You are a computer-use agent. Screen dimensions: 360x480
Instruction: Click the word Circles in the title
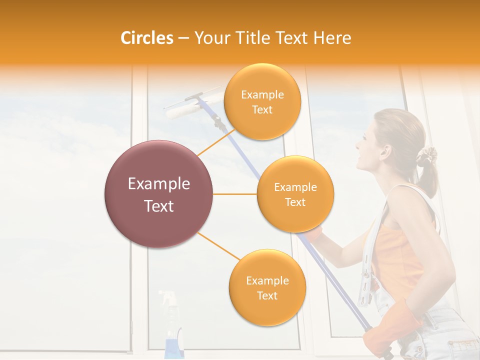146,38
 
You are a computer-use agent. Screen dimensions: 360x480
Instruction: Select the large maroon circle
158,194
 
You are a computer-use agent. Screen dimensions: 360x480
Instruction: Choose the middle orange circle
295,194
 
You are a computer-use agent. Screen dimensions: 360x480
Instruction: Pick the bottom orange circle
267,287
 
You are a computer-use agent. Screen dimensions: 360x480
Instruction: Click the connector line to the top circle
216,142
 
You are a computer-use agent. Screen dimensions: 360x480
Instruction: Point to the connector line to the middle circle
235,194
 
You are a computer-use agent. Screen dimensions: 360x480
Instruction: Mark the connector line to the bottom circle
219,246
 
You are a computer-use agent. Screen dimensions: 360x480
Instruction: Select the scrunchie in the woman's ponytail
427,155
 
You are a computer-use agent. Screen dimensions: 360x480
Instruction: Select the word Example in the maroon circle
158,184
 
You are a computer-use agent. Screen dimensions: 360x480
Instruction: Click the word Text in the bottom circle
267,295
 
